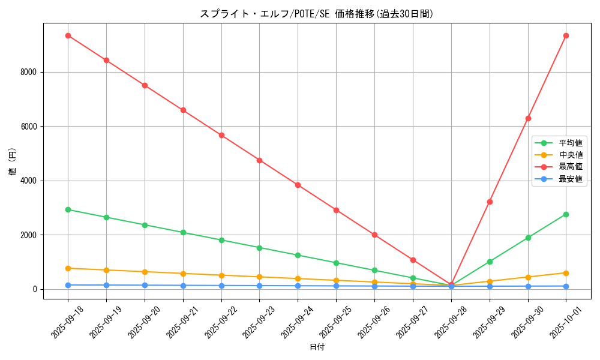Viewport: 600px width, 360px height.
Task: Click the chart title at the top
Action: click(x=317, y=14)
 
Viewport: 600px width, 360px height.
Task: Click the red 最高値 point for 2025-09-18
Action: click(x=68, y=35)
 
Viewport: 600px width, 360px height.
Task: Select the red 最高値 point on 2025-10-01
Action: click(x=566, y=35)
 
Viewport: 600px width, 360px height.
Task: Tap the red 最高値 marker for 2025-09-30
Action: click(x=528, y=118)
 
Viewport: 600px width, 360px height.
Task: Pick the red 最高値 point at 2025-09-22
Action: click(x=221, y=135)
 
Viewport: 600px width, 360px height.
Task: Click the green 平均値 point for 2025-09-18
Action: click(x=68, y=209)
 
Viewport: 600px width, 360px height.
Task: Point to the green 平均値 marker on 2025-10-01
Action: click(x=566, y=214)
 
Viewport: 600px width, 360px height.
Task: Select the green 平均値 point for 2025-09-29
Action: click(x=490, y=262)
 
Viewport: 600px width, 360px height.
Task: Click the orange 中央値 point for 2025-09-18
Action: click(x=68, y=268)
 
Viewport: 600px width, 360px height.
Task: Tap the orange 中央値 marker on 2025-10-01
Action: click(x=566, y=273)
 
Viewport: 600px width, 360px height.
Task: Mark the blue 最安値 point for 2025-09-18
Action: click(x=68, y=285)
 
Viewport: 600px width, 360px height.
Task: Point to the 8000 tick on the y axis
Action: click(x=29, y=72)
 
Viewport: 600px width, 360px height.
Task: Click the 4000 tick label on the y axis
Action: click(x=29, y=181)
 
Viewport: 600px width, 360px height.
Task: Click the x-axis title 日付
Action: click(x=317, y=347)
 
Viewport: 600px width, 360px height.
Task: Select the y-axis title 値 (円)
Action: click(x=13, y=162)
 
